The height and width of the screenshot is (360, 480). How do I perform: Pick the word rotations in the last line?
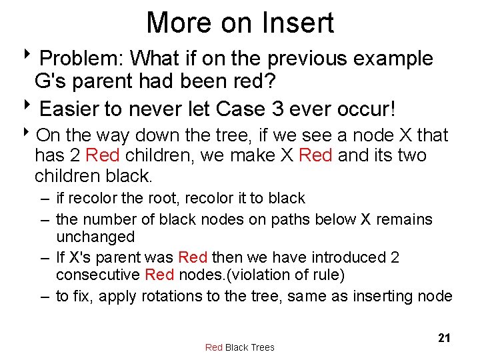[x=171, y=296]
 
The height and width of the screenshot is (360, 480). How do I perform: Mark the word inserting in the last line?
[x=387, y=296]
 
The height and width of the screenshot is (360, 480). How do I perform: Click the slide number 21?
[x=444, y=338]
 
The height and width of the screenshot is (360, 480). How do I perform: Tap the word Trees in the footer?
[x=261, y=347]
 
